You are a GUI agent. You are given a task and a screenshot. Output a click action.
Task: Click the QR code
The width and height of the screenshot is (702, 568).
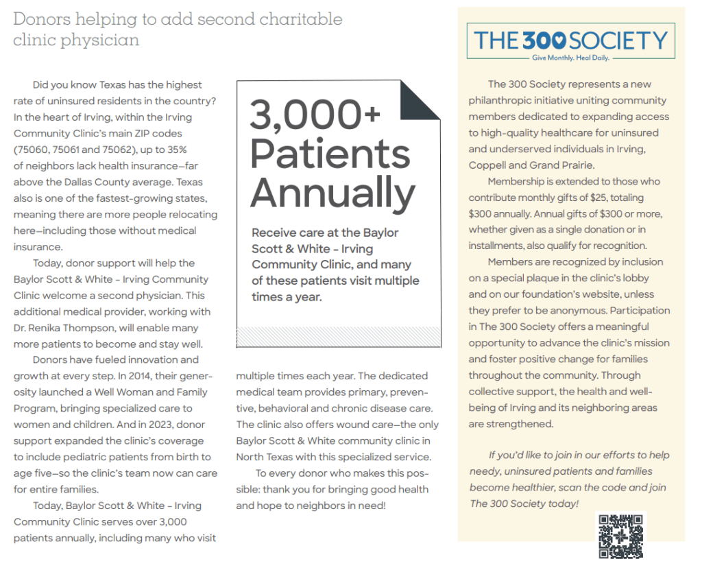[x=622, y=535]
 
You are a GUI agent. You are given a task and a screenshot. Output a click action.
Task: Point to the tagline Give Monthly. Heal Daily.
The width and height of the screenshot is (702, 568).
[x=570, y=58]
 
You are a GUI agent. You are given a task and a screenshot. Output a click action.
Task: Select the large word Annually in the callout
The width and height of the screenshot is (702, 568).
[x=332, y=193]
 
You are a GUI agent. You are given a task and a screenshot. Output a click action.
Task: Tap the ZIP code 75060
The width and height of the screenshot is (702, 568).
[x=32, y=150]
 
